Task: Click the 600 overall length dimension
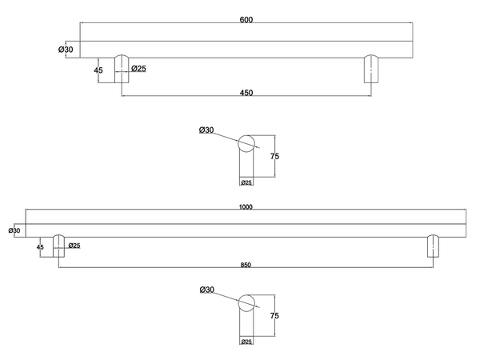click(246, 20)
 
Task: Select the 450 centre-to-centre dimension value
click(246, 93)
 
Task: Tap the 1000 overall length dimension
click(246, 207)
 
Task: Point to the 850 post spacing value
click(246, 265)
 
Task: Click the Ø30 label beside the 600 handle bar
click(66, 50)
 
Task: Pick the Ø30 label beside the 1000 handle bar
click(14, 230)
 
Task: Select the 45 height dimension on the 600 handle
click(98, 70)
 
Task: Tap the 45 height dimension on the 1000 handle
click(40, 247)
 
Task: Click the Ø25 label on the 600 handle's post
click(138, 69)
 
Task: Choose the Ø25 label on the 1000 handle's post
click(74, 245)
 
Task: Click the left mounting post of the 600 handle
click(122, 69)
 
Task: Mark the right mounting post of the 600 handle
click(370, 69)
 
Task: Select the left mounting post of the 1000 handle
click(58, 246)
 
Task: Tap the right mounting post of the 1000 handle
click(433, 246)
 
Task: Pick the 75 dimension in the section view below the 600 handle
click(274, 157)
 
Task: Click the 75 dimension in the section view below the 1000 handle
click(274, 315)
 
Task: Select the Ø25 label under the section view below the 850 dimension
click(247, 342)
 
